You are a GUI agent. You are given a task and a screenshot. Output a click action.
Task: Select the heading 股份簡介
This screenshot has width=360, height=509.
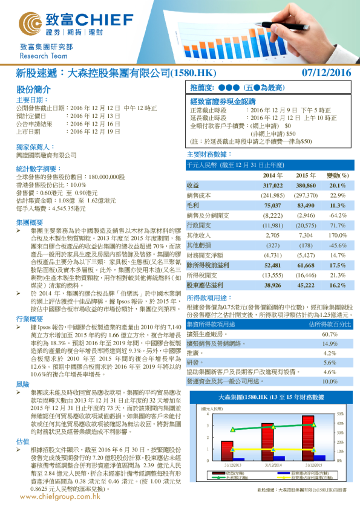point(29,89)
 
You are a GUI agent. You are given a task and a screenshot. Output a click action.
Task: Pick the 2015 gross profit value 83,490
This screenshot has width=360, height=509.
point(306,206)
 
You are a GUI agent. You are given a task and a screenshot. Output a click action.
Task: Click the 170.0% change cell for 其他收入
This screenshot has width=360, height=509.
point(337,235)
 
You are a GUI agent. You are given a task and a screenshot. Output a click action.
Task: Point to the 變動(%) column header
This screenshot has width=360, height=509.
point(338,175)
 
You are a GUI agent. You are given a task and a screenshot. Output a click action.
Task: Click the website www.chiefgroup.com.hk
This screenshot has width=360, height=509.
point(60,496)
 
